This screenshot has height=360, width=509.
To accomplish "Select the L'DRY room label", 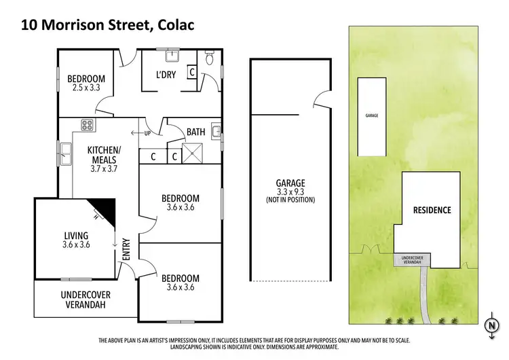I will click(166, 75).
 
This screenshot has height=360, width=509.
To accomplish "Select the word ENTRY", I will click(126, 252).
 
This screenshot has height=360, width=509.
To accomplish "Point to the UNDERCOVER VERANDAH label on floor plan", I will click(86, 300).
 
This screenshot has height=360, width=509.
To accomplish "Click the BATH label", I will click(196, 132).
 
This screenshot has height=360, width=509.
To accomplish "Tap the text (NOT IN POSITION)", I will click(290, 200).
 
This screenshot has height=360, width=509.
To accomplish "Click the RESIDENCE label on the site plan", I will click(432, 210).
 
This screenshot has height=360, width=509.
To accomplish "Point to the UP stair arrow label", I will click(145, 132).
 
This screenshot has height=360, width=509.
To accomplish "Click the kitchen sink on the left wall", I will click(65, 155).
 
